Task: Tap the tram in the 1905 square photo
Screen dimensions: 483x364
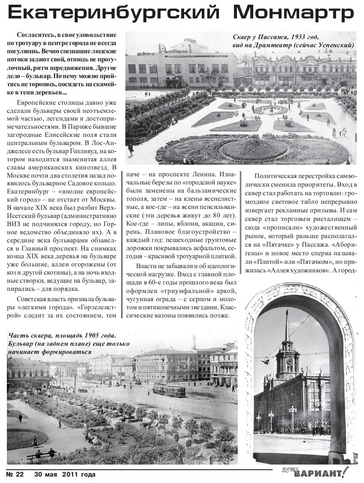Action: pos(169,389)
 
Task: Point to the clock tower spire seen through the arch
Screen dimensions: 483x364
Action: pos(287,326)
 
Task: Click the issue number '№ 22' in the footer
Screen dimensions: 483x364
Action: pos(15,474)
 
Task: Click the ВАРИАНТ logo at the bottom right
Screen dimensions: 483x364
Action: pos(320,474)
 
